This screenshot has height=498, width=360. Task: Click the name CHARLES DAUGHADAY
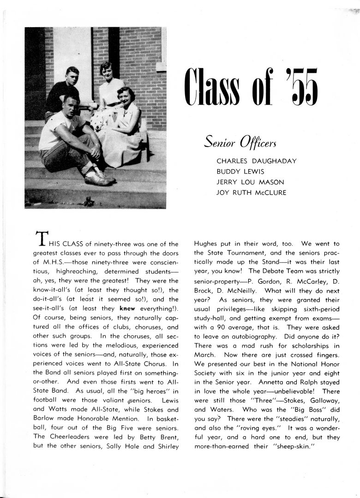click(257, 161)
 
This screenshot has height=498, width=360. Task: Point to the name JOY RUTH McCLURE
click(251, 193)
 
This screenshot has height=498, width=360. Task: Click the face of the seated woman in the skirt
click(123, 96)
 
